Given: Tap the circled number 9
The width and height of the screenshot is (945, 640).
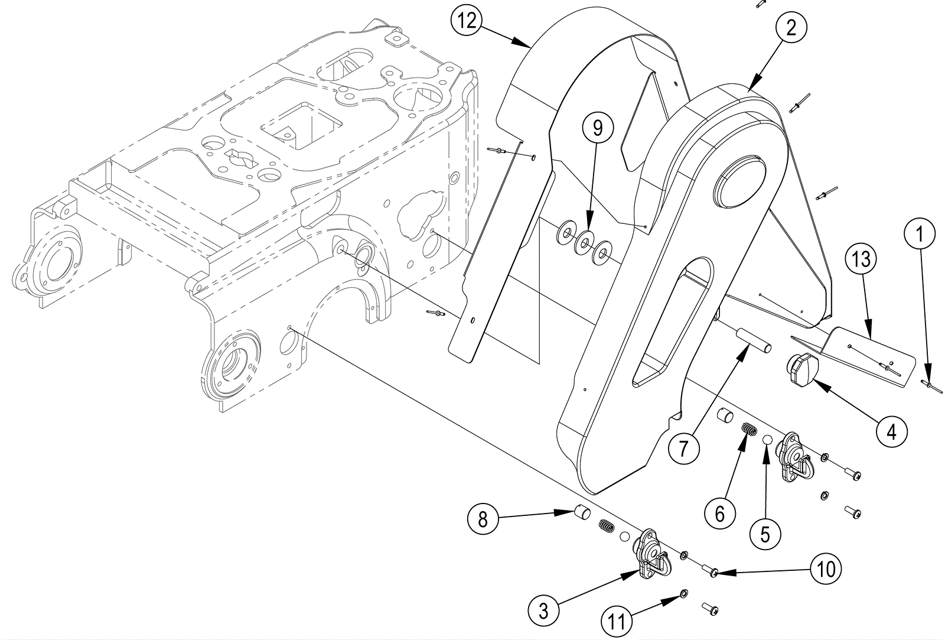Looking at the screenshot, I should pos(597,128).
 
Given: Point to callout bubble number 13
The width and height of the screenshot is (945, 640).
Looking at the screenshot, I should pos(861,258).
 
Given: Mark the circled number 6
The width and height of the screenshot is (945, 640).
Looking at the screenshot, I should pos(719,514).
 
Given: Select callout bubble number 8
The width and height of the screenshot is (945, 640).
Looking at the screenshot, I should pos(483,519).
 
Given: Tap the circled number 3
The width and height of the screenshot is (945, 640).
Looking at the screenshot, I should pos(543,610).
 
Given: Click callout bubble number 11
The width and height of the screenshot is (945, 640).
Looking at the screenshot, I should pos(617,620).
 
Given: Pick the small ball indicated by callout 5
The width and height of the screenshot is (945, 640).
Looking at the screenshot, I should pos(768,440).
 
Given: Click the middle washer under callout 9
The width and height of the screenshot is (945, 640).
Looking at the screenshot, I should pos(585,241).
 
